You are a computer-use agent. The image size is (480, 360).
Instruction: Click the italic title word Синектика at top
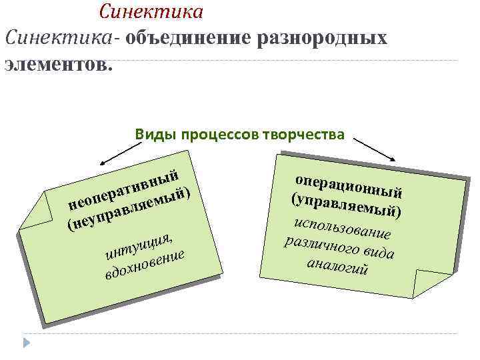[151, 11]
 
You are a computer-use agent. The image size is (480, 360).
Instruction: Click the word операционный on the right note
[348, 179]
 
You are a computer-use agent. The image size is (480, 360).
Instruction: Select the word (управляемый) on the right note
[345, 201]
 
